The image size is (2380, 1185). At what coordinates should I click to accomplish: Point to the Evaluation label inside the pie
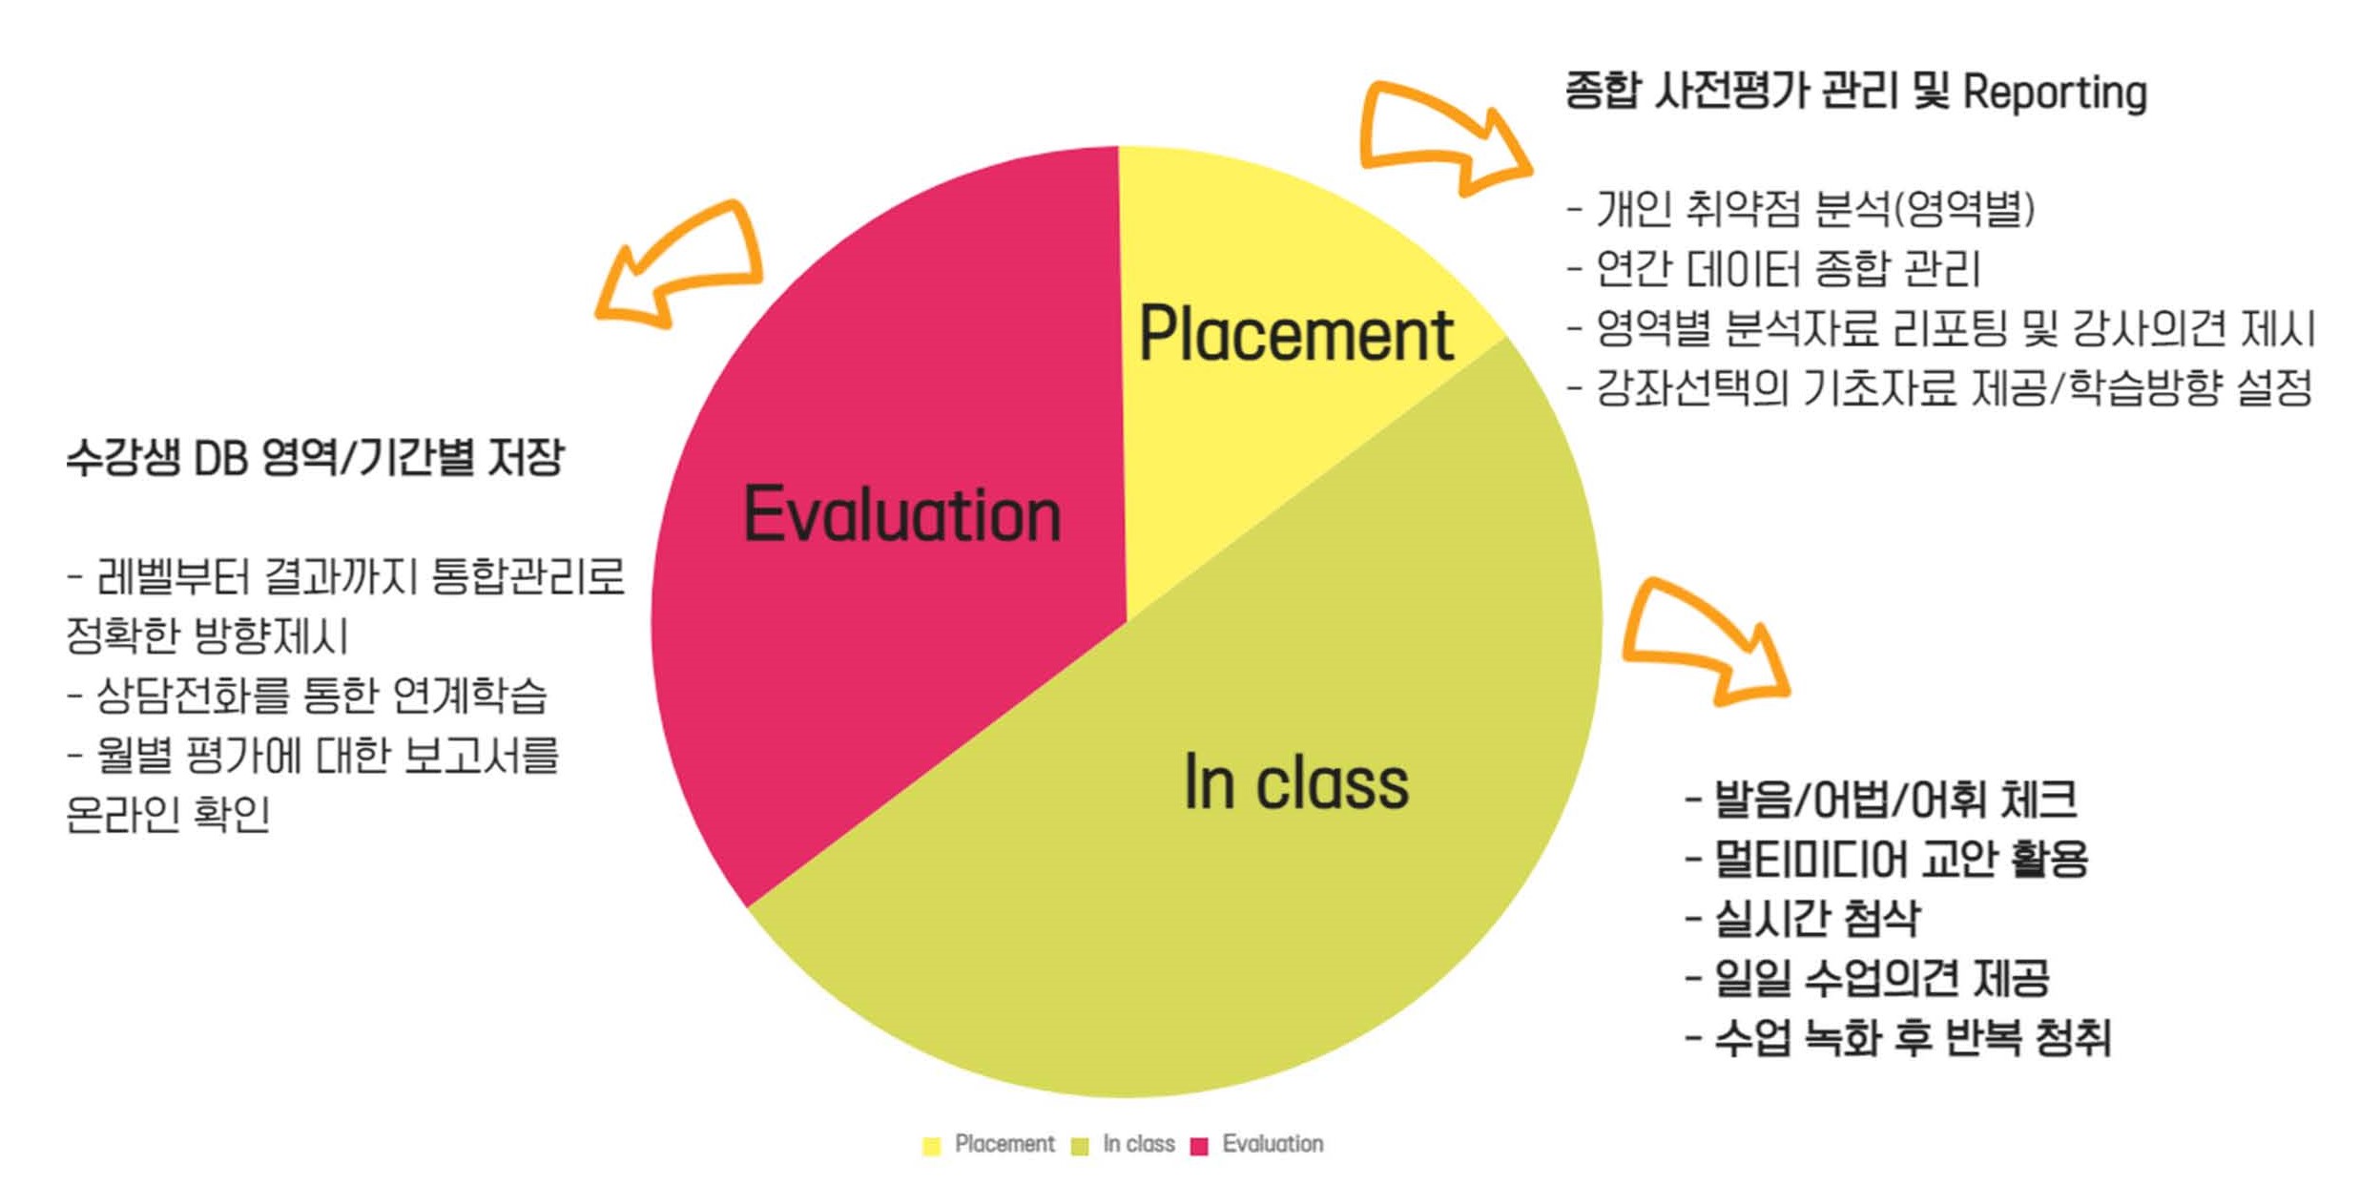901,514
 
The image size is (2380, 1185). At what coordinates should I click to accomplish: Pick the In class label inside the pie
1295,781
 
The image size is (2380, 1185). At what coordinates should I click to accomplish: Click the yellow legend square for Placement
932,1145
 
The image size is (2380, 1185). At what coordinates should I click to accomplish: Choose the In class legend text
1138,1143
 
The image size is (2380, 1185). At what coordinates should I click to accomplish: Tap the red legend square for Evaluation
1199,1145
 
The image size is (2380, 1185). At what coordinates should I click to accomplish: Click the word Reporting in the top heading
2055,94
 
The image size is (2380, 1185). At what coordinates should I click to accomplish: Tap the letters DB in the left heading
221,458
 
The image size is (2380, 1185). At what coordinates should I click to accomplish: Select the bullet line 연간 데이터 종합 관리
1773,268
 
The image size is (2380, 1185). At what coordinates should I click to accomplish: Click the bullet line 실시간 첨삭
1802,918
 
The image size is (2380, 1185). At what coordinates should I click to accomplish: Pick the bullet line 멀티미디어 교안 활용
1886,858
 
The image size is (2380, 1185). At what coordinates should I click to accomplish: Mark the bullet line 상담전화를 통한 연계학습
307,695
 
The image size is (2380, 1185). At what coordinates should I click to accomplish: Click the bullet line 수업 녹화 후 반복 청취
1897,1037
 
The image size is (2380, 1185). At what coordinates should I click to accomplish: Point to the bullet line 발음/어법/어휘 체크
1880,799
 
